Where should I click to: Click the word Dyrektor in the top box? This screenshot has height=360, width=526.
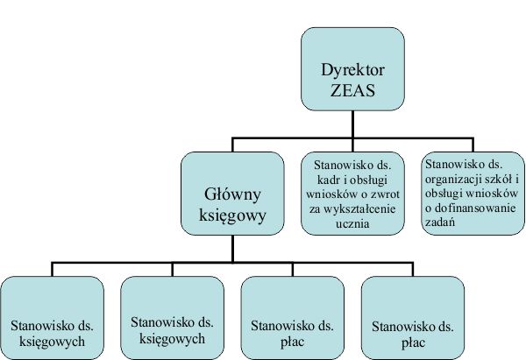pos(352,70)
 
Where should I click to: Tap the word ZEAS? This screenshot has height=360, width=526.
pos(352,90)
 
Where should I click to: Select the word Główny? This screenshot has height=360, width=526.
pos(232,194)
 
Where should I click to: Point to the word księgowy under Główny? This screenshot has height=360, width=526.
pos(232,215)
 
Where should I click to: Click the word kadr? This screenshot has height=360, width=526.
pos(328,180)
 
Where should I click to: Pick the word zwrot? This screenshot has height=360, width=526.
pos(386,194)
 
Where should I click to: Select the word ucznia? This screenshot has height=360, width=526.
pos(352,223)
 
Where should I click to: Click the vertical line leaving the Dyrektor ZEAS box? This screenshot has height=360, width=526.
pos(352,124)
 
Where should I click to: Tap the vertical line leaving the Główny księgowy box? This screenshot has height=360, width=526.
pos(232,249)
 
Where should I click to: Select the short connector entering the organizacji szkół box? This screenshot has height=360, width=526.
pos(473,145)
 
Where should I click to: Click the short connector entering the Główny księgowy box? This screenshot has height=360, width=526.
pos(232,145)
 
